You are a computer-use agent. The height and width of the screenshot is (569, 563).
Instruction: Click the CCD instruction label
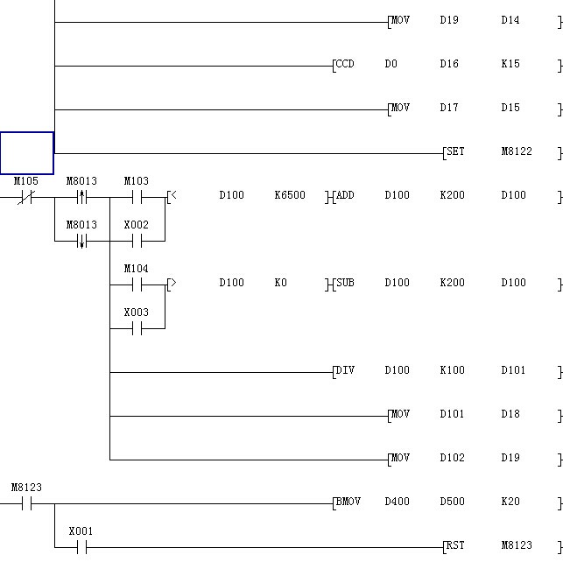tap(345, 64)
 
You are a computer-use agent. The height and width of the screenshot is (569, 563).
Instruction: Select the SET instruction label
tap(455, 151)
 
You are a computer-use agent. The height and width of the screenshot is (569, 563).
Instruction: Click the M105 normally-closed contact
tap(25, 197)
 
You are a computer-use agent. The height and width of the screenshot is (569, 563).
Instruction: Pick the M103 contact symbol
tap(136, 197)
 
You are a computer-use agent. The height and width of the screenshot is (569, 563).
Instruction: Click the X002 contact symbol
tap(136, 241)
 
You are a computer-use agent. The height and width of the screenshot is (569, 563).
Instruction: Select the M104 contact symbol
tap(136, 284)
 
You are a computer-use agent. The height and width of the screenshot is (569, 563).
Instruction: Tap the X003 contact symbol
tap(136, 328)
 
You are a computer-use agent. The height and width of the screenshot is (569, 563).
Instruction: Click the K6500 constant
tap(290, 195)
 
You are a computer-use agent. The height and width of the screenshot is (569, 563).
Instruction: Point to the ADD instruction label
tap(345, 195)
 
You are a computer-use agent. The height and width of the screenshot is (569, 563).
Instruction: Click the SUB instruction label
tap(345, 283)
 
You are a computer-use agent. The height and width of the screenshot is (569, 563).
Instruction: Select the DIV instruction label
tap(345, 370)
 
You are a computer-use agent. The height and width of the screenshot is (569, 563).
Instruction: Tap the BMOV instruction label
tap(348, 502)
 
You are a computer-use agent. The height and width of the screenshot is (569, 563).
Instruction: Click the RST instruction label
tap(455, 545)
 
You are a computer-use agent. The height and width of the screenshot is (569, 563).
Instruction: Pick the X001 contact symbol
tap(81, 547)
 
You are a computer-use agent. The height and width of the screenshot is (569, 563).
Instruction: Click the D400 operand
tap(397, 502)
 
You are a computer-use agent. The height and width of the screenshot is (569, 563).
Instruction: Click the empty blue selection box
tap(26, 153)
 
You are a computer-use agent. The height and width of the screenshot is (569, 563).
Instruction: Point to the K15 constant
tap(510, 64)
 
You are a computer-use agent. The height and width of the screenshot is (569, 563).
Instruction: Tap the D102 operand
tap(452, 458)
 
